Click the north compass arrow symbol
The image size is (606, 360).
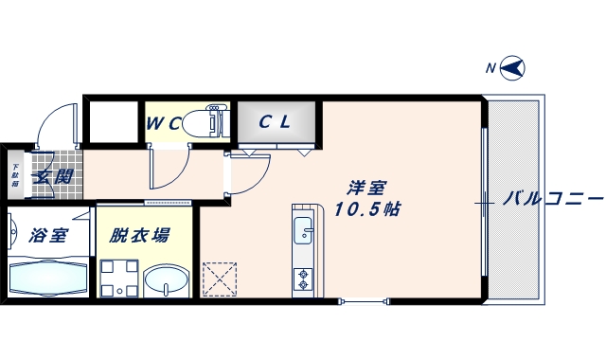(514, 67)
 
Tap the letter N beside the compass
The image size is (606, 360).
(490, 67)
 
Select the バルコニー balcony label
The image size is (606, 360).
(553, 199)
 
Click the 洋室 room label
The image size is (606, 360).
(364, 188)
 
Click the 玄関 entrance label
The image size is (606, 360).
(53, 175)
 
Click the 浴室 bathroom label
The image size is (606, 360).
(47, 235)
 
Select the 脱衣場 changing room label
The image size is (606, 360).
(139, 235)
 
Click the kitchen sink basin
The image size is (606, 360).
(303, 230)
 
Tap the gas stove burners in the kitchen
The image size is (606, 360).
(303, 279)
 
